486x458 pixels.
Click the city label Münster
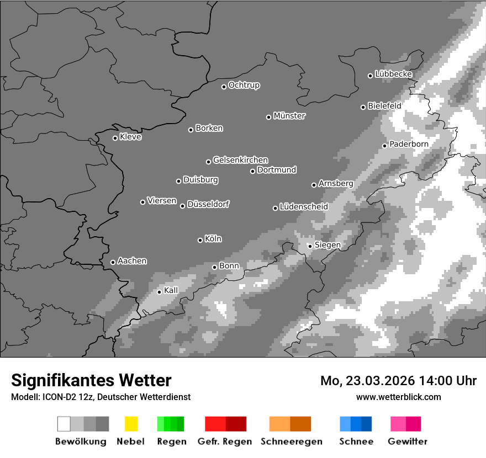289,116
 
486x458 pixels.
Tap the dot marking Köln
200,240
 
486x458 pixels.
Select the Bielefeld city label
384,105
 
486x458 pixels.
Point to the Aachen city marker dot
113,262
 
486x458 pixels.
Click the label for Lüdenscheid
304,207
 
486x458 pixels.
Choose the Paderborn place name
409,144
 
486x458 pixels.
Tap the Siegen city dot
310,246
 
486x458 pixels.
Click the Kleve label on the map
130,137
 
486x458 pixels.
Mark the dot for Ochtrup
224,86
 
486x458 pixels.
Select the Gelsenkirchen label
240,160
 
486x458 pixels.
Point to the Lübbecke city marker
370,76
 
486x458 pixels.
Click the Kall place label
171,290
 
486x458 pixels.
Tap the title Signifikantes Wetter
91,380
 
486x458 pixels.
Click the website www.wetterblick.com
398,397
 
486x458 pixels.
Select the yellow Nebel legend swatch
131,424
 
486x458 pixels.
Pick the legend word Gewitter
408,441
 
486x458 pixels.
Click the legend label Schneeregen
290,441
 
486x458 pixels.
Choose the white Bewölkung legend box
64,424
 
